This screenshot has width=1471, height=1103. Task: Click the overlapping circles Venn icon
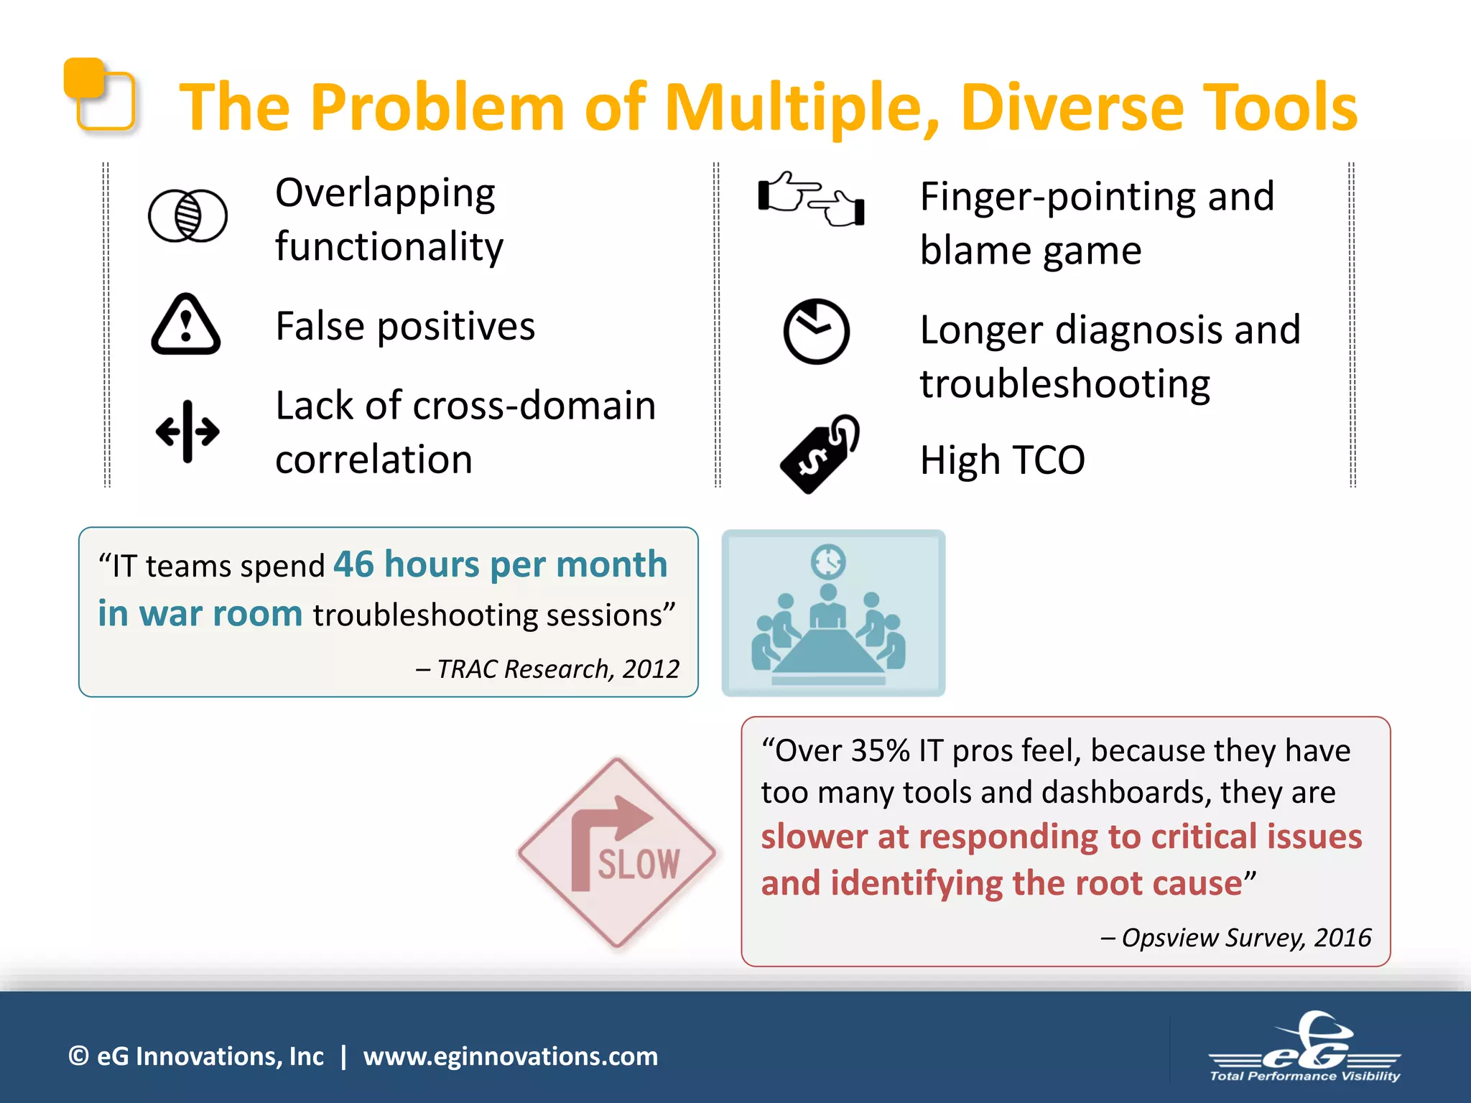coord(187,215)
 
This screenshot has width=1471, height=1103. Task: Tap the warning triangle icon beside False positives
coord(186,325)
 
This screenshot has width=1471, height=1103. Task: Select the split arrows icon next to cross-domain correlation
coord(187,432)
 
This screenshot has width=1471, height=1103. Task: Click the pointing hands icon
coord(811,199)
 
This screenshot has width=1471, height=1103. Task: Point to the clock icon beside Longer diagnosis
coord(816,331)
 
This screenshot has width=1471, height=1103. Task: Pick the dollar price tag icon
coord(820,454)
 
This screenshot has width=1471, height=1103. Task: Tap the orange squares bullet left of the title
coord(99,94)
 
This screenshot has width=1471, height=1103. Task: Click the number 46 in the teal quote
coord(353,564)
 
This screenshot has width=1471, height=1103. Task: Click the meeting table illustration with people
coord(832,613)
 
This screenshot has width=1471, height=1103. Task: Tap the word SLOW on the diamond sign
coord(638,864)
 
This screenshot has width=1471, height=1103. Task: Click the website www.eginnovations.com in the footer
coord(510,1056)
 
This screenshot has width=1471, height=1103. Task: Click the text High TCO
coord(1002,460)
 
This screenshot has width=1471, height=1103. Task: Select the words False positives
coord(405,327)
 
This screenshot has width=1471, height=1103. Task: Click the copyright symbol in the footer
coord(78,1056)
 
